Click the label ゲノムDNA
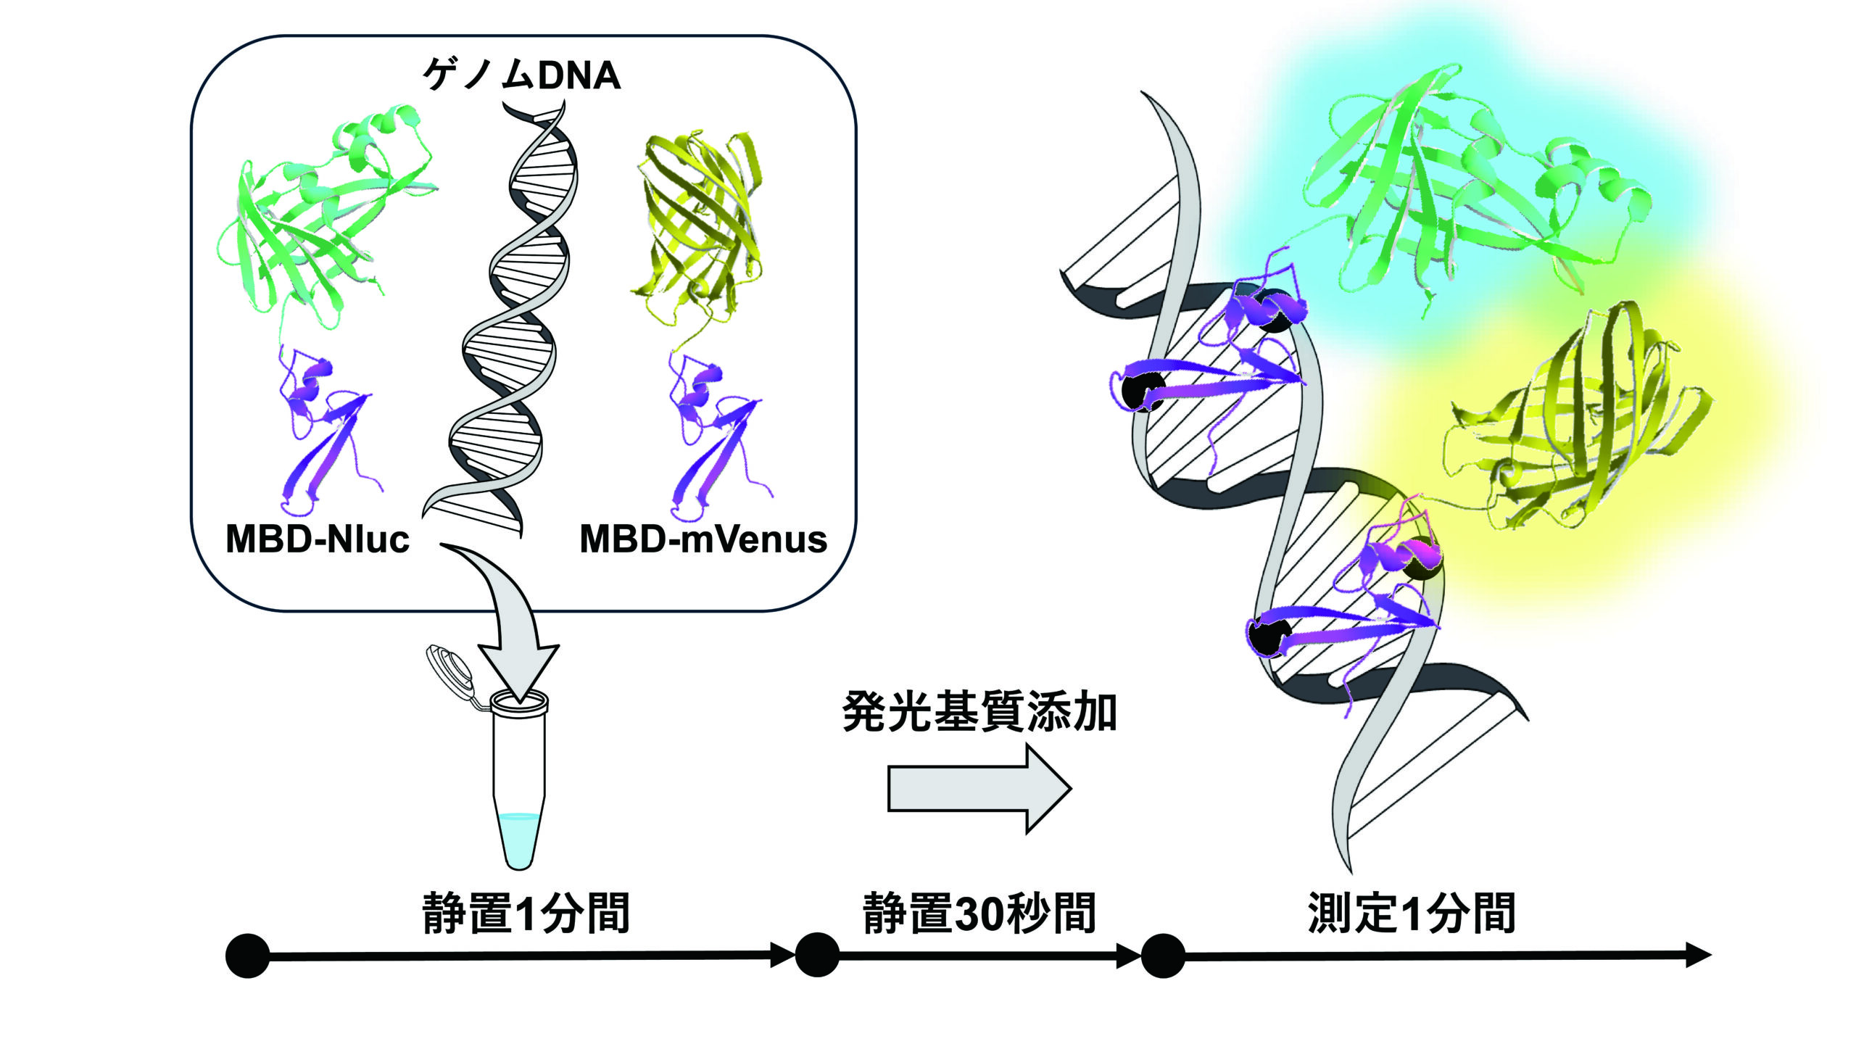tap(521, 75)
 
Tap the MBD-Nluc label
tap(318, 539)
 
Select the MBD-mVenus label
tap(703, 539)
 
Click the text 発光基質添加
tap(979, 713)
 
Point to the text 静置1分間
tap(526, 913)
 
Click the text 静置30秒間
tap(979, 913)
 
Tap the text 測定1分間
tap(1411, 913)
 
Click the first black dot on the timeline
tap(248, 956)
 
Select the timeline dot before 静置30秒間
tap(817, 955)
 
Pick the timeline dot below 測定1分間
tap(1163, 956)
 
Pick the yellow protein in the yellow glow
tap(1580, 428)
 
